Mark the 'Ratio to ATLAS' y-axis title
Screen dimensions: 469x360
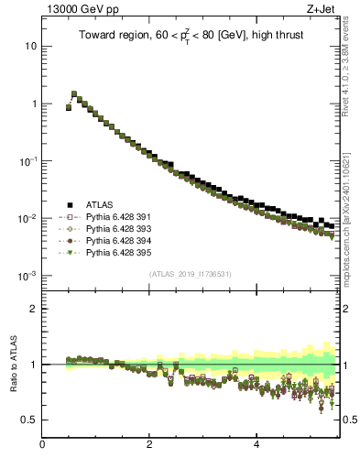pos(13,364)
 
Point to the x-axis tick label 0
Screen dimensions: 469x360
pos(42,445)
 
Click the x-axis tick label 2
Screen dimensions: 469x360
pos(149,445)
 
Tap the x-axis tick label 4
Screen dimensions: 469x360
pos(256,445)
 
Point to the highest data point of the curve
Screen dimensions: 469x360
pos(74,93)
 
